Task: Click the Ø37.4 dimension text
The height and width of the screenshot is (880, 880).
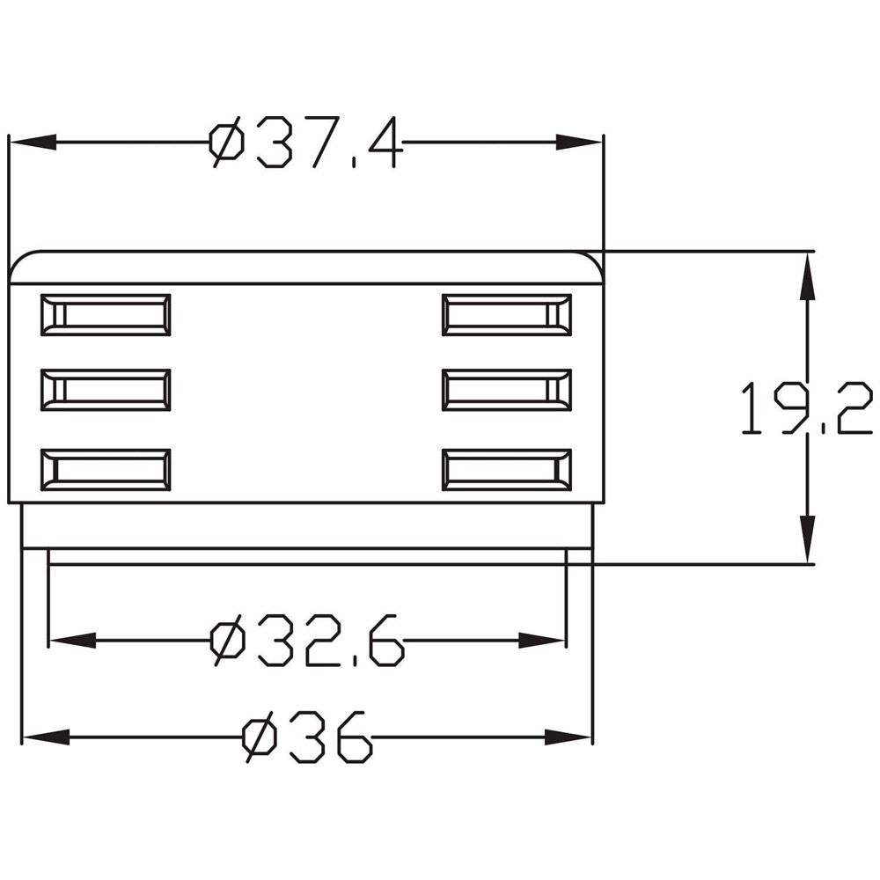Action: click(x=306, y=143)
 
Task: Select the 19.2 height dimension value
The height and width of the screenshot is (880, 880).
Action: click(x=806, y=408)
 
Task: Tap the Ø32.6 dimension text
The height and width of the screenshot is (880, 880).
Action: click(x=306, y=641)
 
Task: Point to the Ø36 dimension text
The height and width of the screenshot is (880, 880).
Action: click(x=307, y=737)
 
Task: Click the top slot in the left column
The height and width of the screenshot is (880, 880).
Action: click(x=106, y=315)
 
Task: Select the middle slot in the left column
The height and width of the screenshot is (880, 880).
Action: click(x=106, y=390)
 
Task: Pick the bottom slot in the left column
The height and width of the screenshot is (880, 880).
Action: click(x=106, y=470)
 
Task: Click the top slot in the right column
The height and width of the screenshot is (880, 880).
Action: click(x=507, y=315)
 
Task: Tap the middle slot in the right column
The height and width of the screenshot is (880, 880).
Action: click(x=507, y=390)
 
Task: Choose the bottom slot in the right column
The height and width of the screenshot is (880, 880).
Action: click(x=507, y=470)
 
